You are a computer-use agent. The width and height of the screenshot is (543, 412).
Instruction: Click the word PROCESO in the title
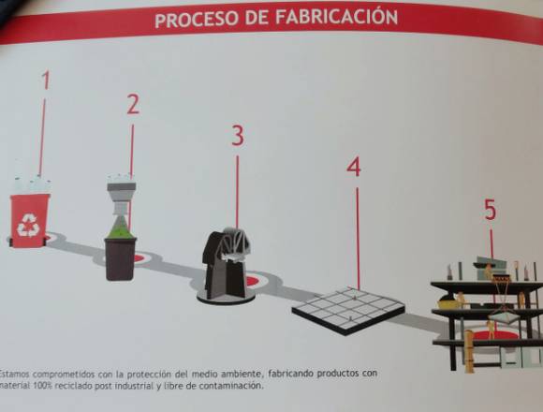197,20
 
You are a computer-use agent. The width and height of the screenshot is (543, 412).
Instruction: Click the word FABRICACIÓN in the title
336,17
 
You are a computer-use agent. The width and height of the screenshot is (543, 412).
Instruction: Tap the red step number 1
46,80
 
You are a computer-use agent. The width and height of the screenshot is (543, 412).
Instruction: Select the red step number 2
133,104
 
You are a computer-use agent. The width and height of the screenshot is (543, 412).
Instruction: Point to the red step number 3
238,135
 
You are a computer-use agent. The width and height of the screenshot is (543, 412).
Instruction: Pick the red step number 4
354,167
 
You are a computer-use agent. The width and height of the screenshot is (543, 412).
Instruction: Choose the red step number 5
490,210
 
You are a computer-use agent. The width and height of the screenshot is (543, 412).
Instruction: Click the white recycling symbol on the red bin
28,225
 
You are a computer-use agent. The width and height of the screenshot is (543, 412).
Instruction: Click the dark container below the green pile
120,258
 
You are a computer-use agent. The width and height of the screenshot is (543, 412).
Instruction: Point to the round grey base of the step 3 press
226,298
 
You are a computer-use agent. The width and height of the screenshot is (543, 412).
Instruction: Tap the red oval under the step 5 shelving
495,335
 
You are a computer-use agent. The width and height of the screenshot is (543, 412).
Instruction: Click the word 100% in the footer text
42,386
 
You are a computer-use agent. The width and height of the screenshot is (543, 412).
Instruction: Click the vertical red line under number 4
358,238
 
